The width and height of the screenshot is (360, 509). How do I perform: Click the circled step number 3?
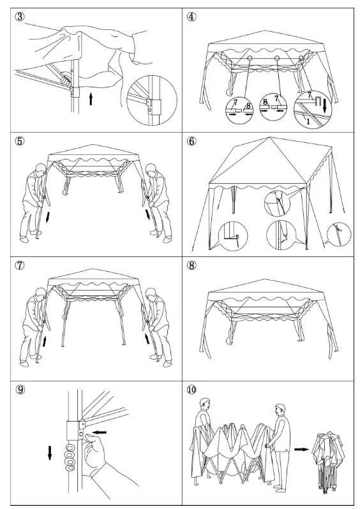coord(22,17)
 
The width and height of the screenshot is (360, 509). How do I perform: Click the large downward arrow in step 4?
coord(324,103)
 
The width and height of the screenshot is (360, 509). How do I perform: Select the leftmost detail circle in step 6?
coord(232,235)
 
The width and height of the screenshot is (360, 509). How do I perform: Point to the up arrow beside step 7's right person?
coord(148,337)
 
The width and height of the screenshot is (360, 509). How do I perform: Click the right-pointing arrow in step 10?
coord(300,448)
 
